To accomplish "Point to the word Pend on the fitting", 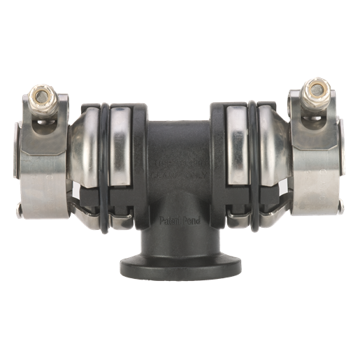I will tap(192, 218).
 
